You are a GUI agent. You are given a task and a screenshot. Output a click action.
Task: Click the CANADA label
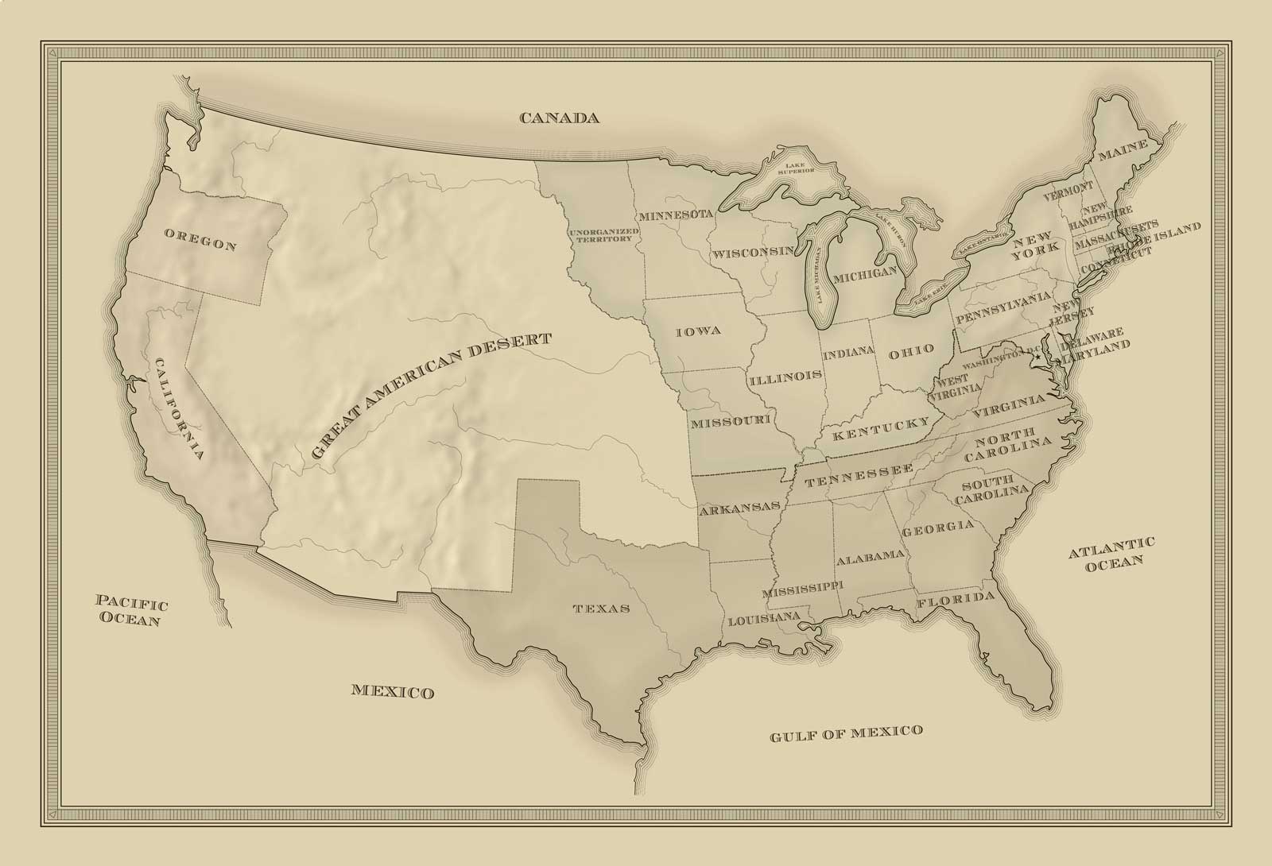(558, 118)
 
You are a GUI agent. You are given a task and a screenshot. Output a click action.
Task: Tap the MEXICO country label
(393, 691)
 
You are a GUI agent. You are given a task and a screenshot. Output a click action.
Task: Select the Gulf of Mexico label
(846, 733)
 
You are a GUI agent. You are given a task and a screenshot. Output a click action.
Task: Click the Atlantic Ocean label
(1111, 552)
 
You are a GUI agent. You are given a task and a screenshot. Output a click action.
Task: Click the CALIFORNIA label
(180, 409)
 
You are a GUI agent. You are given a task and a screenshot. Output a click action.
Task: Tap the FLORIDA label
(956, 601)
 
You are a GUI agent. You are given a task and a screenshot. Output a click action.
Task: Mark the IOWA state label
(698, 331)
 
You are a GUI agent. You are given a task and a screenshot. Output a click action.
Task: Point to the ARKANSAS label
(739, 508)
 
